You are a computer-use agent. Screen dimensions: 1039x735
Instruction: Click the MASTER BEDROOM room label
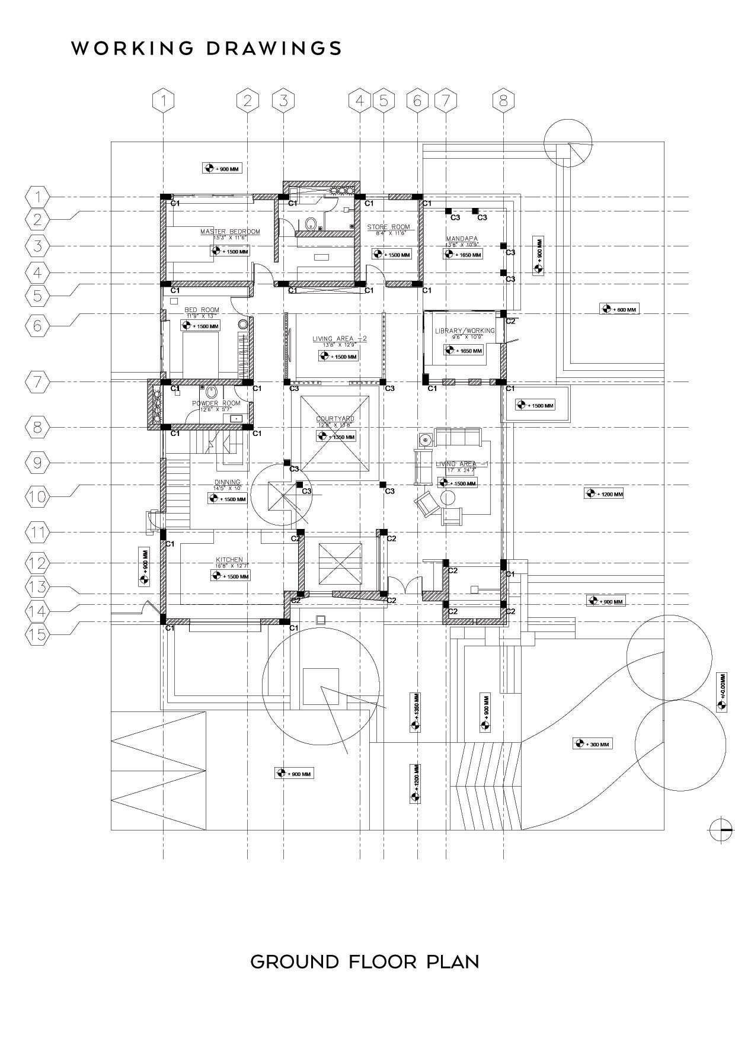pos(230,232)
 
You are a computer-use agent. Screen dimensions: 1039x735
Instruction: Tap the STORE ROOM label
pos(388,227)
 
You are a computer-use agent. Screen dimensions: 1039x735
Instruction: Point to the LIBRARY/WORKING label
pos(465,331)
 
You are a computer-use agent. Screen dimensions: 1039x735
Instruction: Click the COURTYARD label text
pos(335,419)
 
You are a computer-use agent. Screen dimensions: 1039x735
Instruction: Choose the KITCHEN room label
pos(229,560)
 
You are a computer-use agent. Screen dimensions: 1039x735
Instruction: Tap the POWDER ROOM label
pos(216,403)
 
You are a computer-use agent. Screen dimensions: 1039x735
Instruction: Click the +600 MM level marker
pos(619,309)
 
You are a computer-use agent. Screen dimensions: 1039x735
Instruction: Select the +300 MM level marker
pos(593,744)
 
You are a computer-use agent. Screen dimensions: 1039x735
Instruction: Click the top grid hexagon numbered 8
pos(503,101)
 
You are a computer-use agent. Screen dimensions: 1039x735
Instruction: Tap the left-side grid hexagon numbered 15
pos(38,634)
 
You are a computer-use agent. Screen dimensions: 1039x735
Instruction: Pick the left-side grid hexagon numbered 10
pos(38,495)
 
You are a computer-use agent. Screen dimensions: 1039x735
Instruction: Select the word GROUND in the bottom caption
pos(294,961)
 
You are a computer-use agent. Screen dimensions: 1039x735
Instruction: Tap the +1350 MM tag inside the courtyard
pos(336,437)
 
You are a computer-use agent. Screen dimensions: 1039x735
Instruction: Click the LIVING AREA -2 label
pos(340,339)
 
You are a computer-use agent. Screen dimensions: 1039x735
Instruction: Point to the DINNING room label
pos(228,482)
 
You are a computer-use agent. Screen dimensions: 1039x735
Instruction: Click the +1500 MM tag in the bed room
pos(200,326)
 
